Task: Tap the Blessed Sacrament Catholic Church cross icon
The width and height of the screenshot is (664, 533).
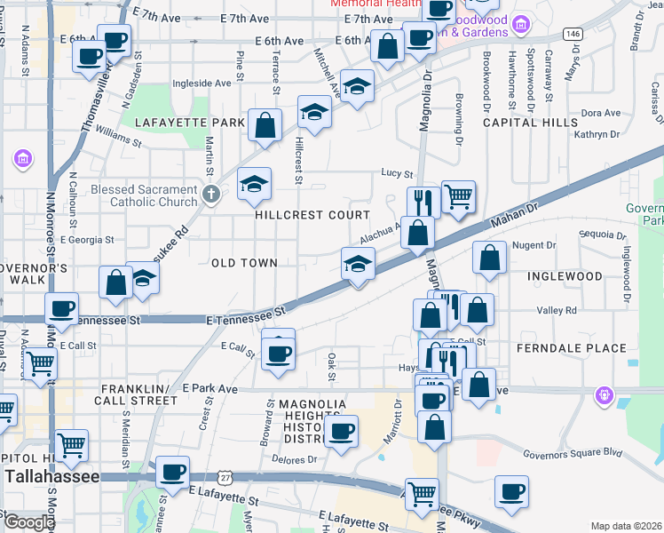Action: pos(210,195)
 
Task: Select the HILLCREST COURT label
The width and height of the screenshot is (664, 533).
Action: pos(312,215)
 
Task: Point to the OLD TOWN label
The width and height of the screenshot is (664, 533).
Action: pos(244,263)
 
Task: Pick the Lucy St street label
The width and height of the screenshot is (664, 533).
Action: pos(397,173)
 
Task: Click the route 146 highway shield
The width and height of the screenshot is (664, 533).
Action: pos(572,33)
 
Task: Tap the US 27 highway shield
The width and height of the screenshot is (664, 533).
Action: pos(226,477)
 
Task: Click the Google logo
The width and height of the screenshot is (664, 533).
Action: pos(28,522)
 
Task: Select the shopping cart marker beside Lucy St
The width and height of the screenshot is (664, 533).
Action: pos(458,197)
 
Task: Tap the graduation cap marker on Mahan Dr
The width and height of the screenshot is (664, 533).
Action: pos(358,264)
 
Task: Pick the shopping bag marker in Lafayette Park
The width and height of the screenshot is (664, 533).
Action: pos(265,124)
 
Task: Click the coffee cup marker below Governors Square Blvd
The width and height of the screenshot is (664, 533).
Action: pos(511,492)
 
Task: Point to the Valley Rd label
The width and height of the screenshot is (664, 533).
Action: pos(557,310)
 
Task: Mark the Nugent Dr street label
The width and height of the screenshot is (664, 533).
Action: pos(534,245)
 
